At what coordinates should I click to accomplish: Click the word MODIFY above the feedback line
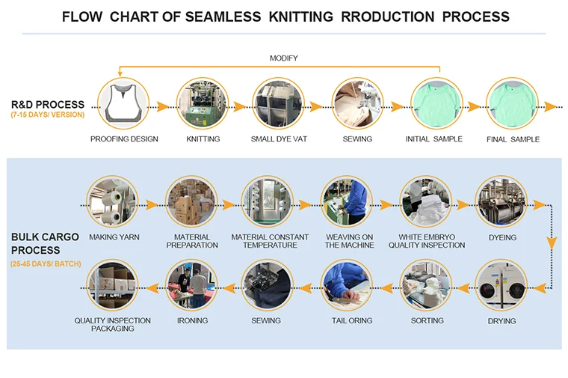tap(283, 58)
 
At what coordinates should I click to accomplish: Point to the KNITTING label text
tap(203, 139)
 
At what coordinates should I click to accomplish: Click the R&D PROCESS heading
tap(48, 105)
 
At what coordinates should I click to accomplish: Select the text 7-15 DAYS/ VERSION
tap(48, 115)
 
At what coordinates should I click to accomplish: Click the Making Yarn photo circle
tap(112, 203)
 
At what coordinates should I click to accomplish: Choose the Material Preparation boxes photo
tap(192, 203)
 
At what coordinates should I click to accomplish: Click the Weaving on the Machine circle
tap(347, 203)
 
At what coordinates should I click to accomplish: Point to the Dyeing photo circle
tap(501, 203)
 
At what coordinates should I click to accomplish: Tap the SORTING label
tap(427, 321)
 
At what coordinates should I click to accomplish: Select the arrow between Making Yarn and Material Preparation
tap(152, 204)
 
